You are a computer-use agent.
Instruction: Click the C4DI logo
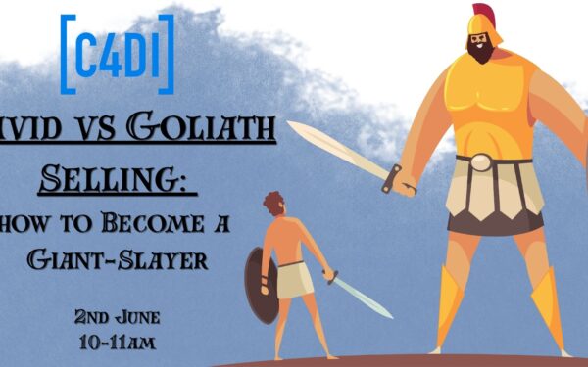[117, 53]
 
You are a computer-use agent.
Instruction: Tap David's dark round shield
[260, 285]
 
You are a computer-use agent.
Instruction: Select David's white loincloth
[294, 280]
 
